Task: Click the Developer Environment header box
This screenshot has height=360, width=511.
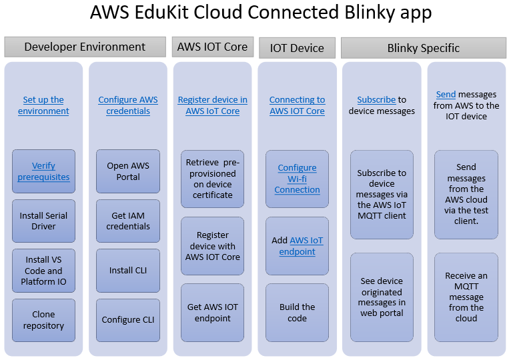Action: pyautogui.click(x=85, y=47)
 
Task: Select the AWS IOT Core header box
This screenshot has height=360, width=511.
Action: pyautogui.click(x=213, y=47)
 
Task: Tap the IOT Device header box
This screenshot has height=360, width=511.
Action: pyautogui.click(x=297, y=47)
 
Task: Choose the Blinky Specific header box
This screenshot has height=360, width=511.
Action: pyautogui.click(x=423, y=47)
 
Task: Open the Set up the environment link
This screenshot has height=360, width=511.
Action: pyautogui.click(x=43, y=105)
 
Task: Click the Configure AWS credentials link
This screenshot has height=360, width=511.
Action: pyautogui.click(x=128, y=105)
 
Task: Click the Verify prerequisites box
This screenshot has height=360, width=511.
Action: pyautogui.click(x=43, y=171)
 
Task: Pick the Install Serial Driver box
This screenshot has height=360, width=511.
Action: pyautogui.click(x=43, y=221)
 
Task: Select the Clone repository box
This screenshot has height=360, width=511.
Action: pyautogui.click(x=43, y=320)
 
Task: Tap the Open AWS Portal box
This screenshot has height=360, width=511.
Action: pyautogui.click(x=128, y=171)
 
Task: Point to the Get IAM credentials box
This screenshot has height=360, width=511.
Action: pyautogui.click(x=128, y=221)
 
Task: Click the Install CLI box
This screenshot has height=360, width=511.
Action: pyautogui.click(x=128, y=270)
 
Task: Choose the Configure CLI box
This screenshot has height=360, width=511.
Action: pyautogui.click(x=128, y=320)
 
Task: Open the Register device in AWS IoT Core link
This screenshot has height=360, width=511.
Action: pyautogui.click(x=212, y=105)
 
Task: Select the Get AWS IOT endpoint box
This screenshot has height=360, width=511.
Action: pyautogui.click(x=212, y=313)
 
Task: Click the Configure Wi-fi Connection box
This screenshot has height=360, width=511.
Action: pyautogui.click(x=297, y=179)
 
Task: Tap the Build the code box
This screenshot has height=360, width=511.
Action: pyautogui.click(x=297, y=313)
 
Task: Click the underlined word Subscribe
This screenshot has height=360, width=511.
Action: pyautogui.click(x=376, y=100)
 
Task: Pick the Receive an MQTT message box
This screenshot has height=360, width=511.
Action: pyautogui.click(x=466, y=297)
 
